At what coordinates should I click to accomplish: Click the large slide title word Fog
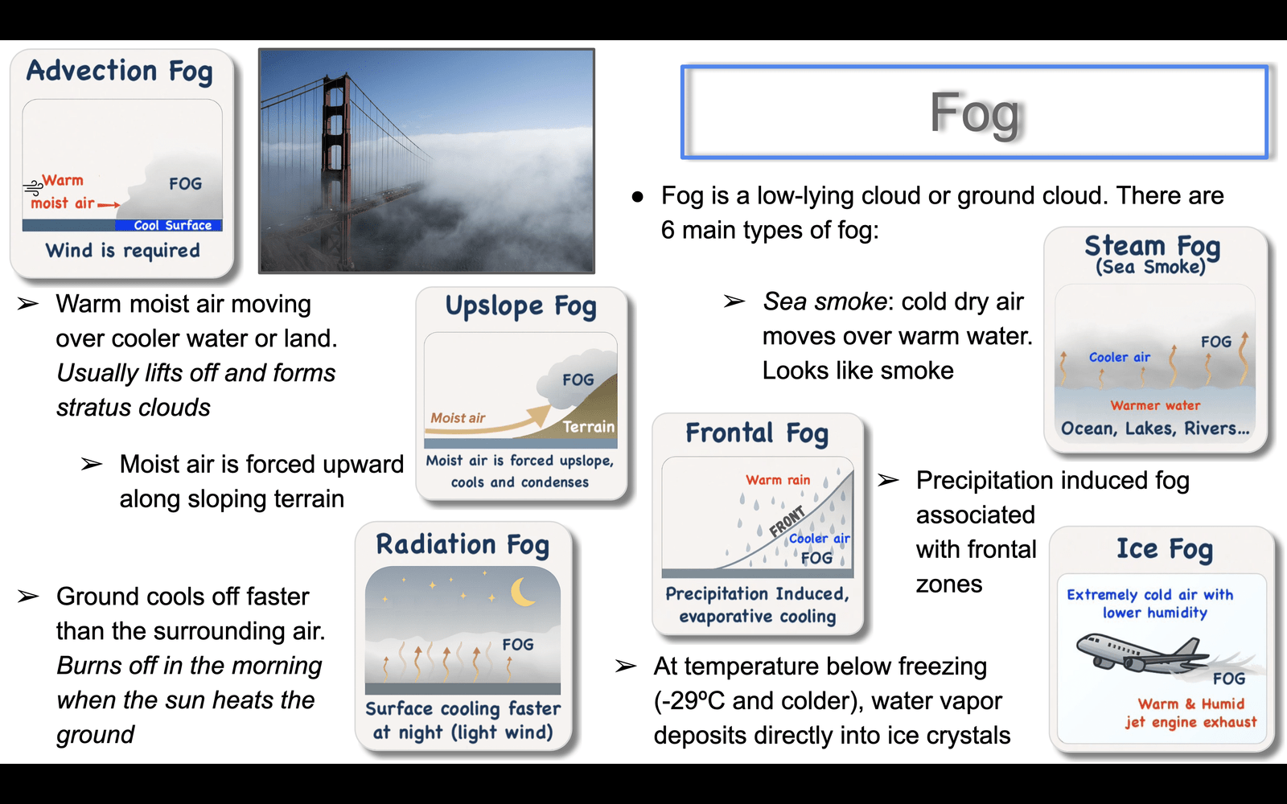974,113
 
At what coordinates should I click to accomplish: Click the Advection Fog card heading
120,72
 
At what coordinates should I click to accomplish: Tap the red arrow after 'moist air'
109,204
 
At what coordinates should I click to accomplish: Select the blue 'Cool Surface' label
172,225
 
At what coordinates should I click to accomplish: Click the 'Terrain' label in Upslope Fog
588,427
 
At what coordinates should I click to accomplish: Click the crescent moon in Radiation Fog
522,592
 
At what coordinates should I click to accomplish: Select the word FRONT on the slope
787,522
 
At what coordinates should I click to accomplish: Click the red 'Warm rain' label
778,479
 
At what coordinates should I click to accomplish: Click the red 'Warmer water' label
1155,405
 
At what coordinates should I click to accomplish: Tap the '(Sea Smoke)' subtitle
1150,266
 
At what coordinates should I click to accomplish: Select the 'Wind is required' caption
123,250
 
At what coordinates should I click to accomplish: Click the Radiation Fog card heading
463,544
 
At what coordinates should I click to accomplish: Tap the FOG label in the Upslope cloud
578,379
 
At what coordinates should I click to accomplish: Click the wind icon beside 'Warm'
33,187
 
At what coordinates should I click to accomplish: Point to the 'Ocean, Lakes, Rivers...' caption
1155,429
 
